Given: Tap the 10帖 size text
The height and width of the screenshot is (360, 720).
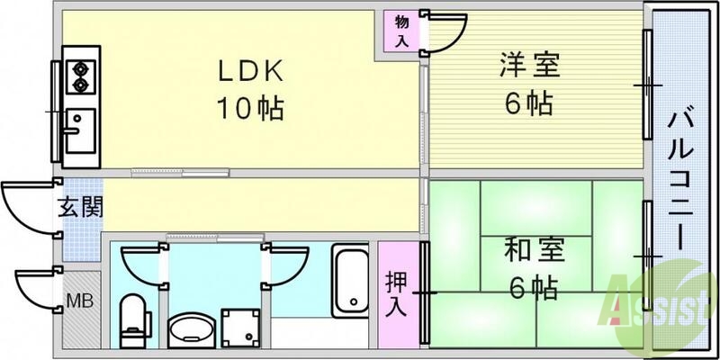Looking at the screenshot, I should [x=248, y=110].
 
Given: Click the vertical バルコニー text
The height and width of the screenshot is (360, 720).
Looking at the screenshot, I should [x=680, y=180].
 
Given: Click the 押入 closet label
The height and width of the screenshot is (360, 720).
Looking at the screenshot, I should [x=396, y=292].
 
